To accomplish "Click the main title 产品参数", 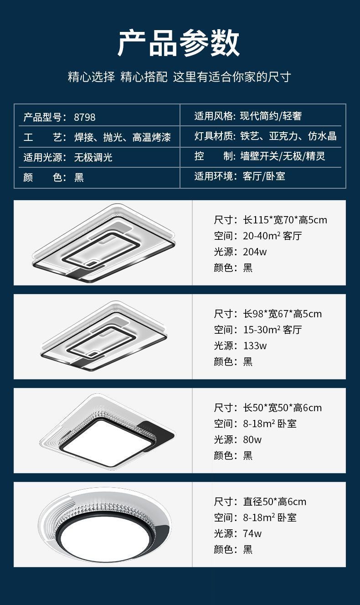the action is coord(179,43).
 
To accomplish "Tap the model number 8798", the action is coord(84,117).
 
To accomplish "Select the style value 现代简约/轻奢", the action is coord(271,116).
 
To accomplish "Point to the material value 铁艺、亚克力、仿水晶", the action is coord(288,136).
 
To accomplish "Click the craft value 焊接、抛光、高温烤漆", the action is coord(123,137).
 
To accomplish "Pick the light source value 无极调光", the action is coord(93,157).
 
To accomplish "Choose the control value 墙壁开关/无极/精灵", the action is coord(283,156).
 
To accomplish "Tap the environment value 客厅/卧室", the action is coord(264,176).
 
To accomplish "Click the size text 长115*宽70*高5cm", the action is coord(285,220).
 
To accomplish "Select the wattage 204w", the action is coord(255,252).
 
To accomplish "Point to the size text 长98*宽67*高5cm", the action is coord(282,314).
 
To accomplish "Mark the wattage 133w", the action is coord(255,346).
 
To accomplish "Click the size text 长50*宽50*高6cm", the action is coord(282,408).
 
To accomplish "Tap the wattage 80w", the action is coord(252,440).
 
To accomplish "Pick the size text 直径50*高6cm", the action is coord(275,502).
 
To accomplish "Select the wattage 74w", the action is coord(252,534).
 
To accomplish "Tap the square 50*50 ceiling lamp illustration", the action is coord(108,432).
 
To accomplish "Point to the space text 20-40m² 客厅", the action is coord(273,236).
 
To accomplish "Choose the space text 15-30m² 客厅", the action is coord(273,330).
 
